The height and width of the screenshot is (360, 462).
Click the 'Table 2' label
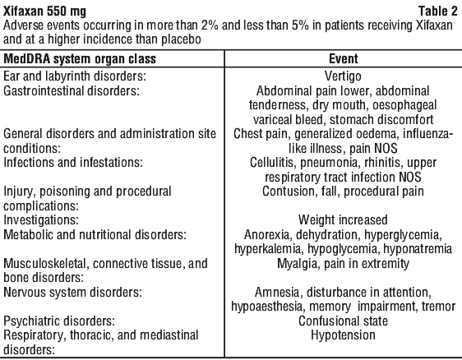tap(438, 12)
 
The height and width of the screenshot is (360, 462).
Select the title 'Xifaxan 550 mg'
tap(44, 12)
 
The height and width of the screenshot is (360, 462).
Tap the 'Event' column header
tap(344, 58)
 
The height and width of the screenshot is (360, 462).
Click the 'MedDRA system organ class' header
tap(80, 59)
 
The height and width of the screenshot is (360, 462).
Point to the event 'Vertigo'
tap(343, 76)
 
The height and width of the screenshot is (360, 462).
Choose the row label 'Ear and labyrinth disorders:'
tap(75, 76)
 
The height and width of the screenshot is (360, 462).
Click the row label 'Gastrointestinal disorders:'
tap(71, 90)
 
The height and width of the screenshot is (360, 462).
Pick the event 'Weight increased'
tap(343, 220)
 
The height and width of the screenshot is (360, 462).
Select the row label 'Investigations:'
tap(41, 220)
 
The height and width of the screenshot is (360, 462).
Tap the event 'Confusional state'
tap(343, 321)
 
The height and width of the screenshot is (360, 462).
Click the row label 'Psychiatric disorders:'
tap(59, 321)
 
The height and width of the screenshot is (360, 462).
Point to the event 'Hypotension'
tap(344, 335)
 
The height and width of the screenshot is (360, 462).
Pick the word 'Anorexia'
tap(268, 235)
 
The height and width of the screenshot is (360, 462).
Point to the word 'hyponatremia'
tap(418, 249)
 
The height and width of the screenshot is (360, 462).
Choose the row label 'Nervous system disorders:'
tap(72, 293)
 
